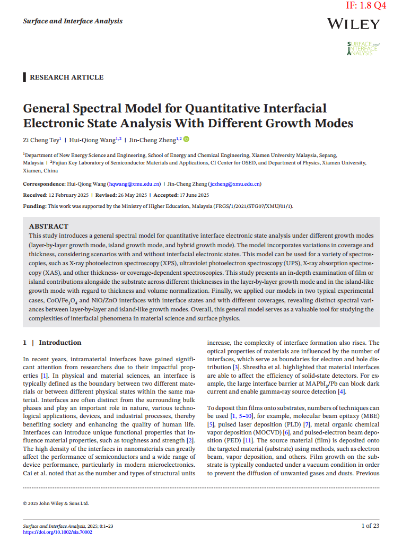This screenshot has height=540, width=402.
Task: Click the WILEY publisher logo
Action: [x=353, y=24]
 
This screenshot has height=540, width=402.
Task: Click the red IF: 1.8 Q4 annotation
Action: [x=366, y=6]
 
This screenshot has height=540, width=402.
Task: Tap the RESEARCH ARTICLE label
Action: [x=66, y=77]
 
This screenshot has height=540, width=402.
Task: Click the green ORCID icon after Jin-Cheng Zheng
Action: [x=186, y=139]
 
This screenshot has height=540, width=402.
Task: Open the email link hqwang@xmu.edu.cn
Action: [x=134, y=184]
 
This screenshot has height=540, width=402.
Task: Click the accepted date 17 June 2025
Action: [x=191, y=195]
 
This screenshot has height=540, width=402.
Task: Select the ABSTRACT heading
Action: [x=49, y=226]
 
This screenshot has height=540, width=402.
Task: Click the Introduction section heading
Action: [x=59, y=343]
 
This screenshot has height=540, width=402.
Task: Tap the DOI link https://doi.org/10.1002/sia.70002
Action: [x=58, y=532]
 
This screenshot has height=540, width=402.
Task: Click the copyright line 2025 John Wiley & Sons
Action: [x=56, y=503]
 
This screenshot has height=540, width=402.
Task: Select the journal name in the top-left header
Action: [x=73, y=21]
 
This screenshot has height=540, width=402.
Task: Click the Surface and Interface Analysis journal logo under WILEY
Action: [x=363, y=49]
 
